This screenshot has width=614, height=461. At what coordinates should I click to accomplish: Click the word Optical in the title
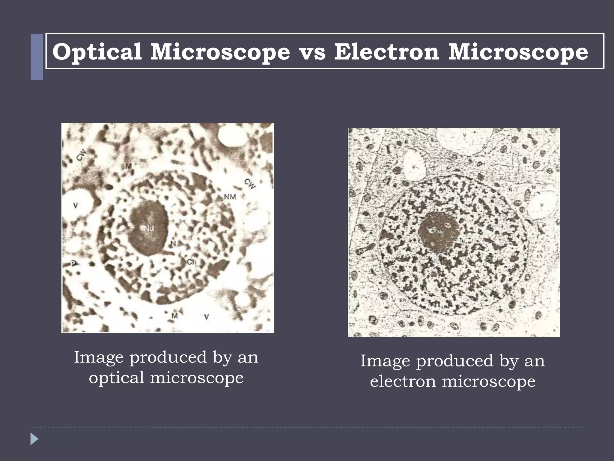tap(97, 52)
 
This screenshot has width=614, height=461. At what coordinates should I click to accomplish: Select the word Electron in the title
tap(387, 52)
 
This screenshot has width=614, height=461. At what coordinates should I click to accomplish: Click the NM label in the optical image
tap(230, 197)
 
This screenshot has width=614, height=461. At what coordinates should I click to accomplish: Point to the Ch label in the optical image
tap(191, 262)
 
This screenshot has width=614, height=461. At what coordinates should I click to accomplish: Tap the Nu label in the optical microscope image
tap(149, 229)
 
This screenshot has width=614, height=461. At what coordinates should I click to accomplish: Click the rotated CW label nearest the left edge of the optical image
tap(81, 155)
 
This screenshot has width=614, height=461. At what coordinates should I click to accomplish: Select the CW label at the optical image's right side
tap(250, 184)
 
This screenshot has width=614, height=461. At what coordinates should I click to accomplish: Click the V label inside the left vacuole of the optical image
tap(76, 206)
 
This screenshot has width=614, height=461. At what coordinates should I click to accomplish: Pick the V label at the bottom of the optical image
tap(206, 317)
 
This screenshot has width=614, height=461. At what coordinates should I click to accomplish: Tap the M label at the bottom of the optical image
tap(174, 315)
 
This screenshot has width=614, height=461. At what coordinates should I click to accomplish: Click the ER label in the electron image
tap(403, 300)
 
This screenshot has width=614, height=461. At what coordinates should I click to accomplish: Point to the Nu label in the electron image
tap(440, 232)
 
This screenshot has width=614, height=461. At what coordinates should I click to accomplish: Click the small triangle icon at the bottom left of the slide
tap(34, 439)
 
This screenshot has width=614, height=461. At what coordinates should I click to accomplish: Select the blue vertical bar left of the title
tap(37, 57)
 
